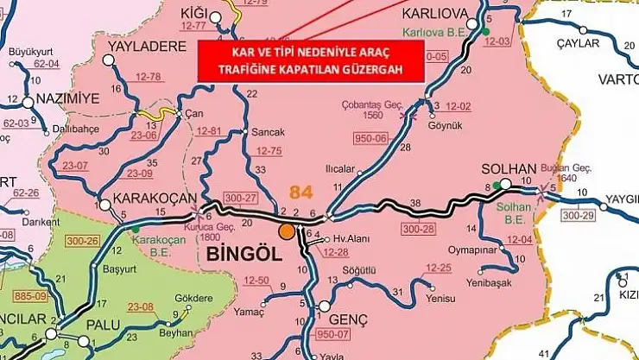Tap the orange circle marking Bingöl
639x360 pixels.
[x=286, y=231]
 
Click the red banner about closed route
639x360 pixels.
[x=313, y=60]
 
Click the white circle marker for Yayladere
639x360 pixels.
[x=108, y=60]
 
